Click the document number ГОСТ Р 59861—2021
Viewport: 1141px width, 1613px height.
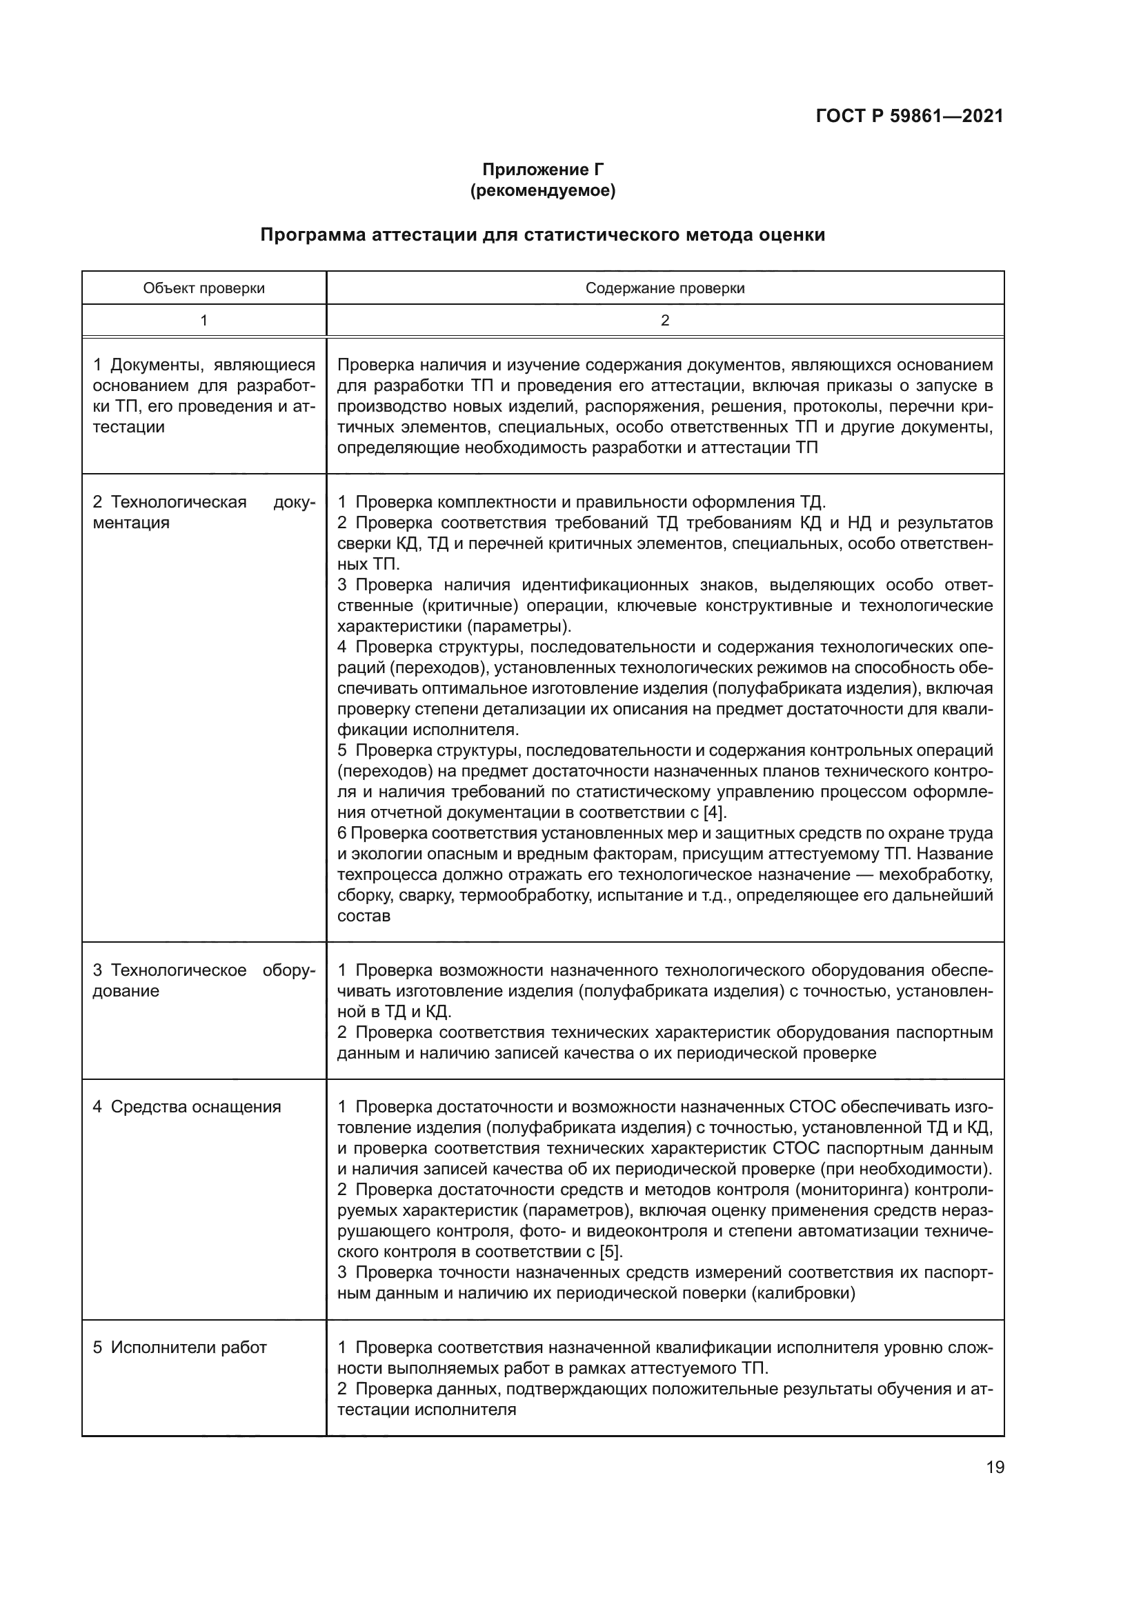[x=909, y=117]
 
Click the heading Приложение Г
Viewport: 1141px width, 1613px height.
[x=542, y=170]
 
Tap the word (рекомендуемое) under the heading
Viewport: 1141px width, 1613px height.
[x=542, y=190]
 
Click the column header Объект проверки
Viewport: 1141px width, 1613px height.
[x=204, y=288]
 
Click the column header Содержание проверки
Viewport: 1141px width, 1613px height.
[x=664, y=288]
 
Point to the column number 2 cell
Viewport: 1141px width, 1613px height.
[x=664, y=321]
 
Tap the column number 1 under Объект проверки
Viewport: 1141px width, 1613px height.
[x=204, y=321]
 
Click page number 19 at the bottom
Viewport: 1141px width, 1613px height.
[x=995, y=1467]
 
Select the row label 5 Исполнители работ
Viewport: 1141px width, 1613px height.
[x=180, y=1347]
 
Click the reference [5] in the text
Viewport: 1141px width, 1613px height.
[x=610, y=1252]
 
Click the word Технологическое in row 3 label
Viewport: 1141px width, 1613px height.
[x=179, y=970]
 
